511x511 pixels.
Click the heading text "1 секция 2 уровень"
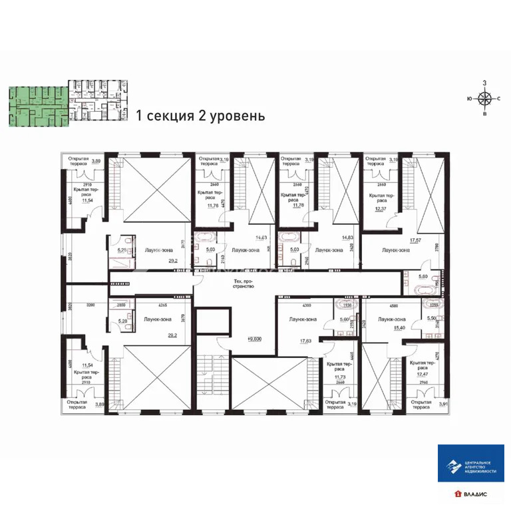pos(200,116)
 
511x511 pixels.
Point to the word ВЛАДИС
pos(476,494)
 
